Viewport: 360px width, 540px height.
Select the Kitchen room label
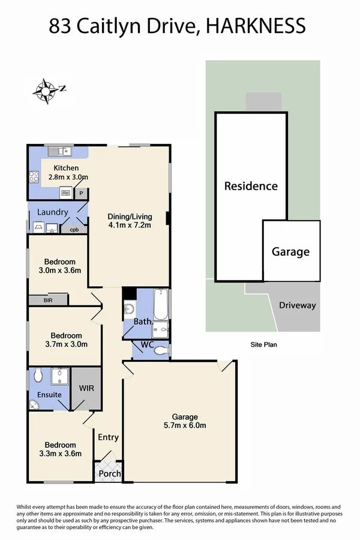[x=66, y=168]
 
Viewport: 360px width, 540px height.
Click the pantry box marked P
[x=81, y=193]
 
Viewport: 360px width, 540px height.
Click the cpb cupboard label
[x=74, y=229]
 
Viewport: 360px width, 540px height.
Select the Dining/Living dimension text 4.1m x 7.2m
[x=130, y=226]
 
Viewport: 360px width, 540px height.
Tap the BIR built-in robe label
[x=48, y=300]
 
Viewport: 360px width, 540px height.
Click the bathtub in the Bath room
[x=161, y=304]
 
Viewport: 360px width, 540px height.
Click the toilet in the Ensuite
[x=38, y=375]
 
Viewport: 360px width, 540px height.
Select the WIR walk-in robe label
[x=87, y=388]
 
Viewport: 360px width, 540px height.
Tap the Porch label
[x=109, y=473]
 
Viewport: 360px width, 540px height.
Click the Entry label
[x=109, y=437]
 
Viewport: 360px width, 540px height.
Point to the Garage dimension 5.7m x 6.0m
[x=185, y=426]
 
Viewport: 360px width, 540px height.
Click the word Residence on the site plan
[x=251, y=186]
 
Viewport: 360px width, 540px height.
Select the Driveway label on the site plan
[x=298, y=305]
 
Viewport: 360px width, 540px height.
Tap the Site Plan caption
[x=264, y=345]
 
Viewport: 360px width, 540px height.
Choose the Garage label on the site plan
[x=291, y=252]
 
